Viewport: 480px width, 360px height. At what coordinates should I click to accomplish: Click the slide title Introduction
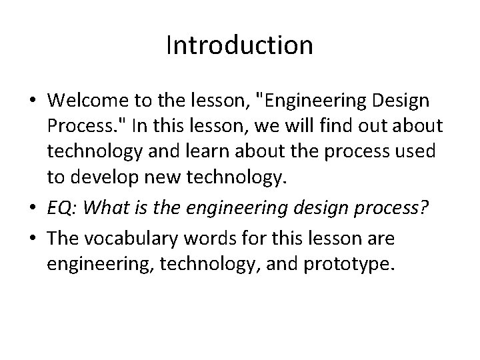pyautogui.click(x=239, y=45)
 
